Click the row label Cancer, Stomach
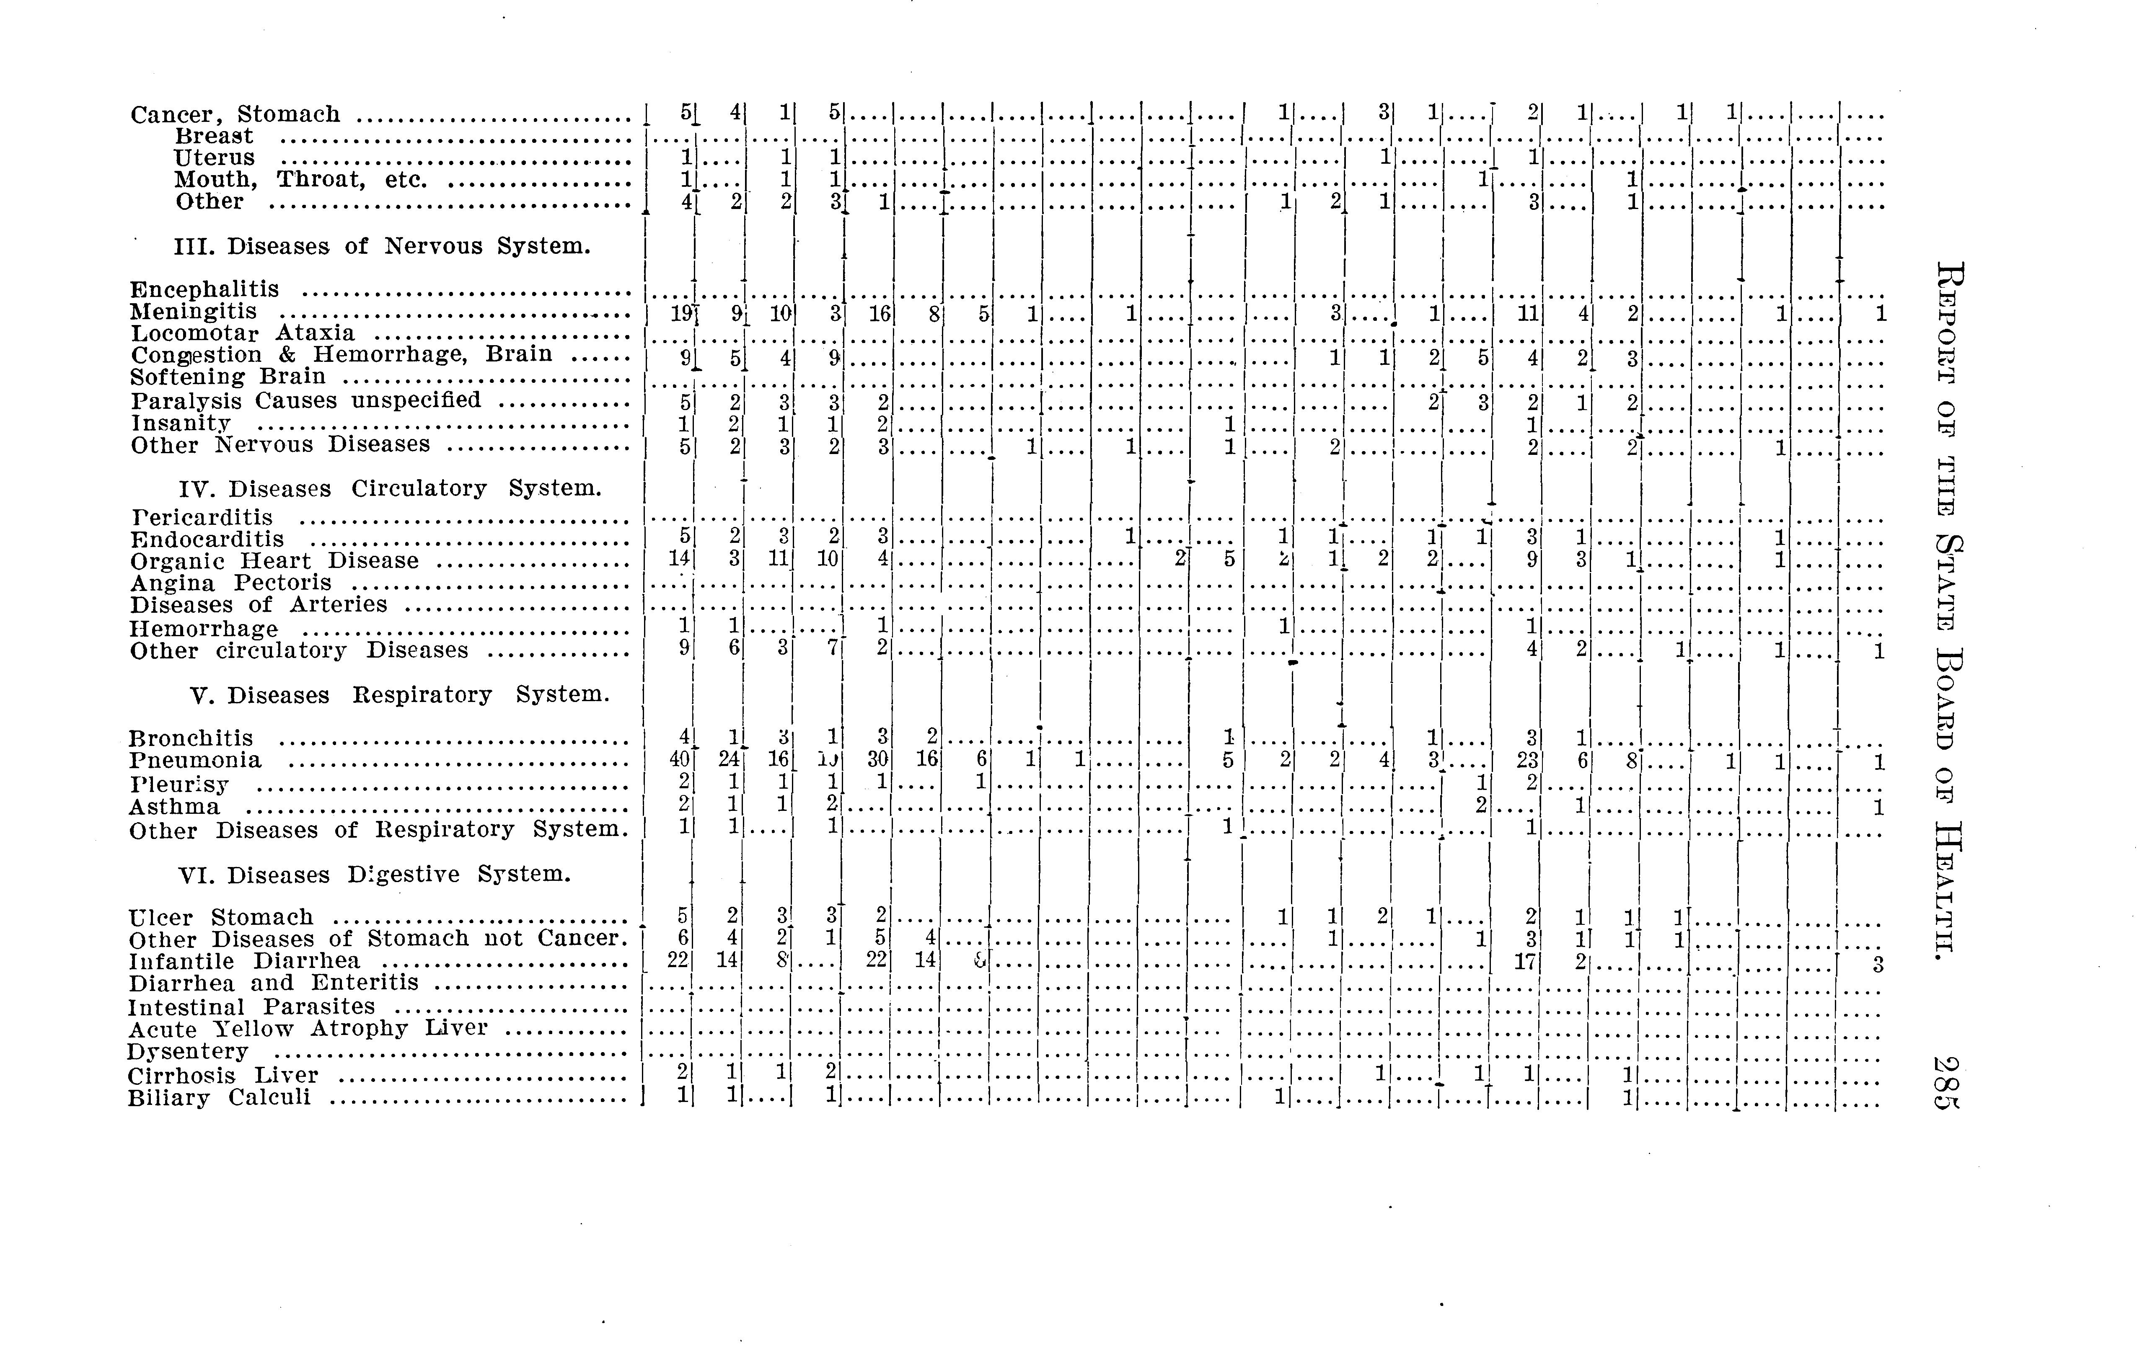coord(235,114)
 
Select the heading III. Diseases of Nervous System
coord(382,246)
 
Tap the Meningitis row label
coord(194,312)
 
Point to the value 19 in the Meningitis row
coord(682,313)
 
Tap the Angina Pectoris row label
coord(231,583)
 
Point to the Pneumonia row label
coord(195,761)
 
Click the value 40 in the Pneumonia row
coord(680,761)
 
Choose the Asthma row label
coord(174,807)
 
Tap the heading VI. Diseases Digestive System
coord(375,875)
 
